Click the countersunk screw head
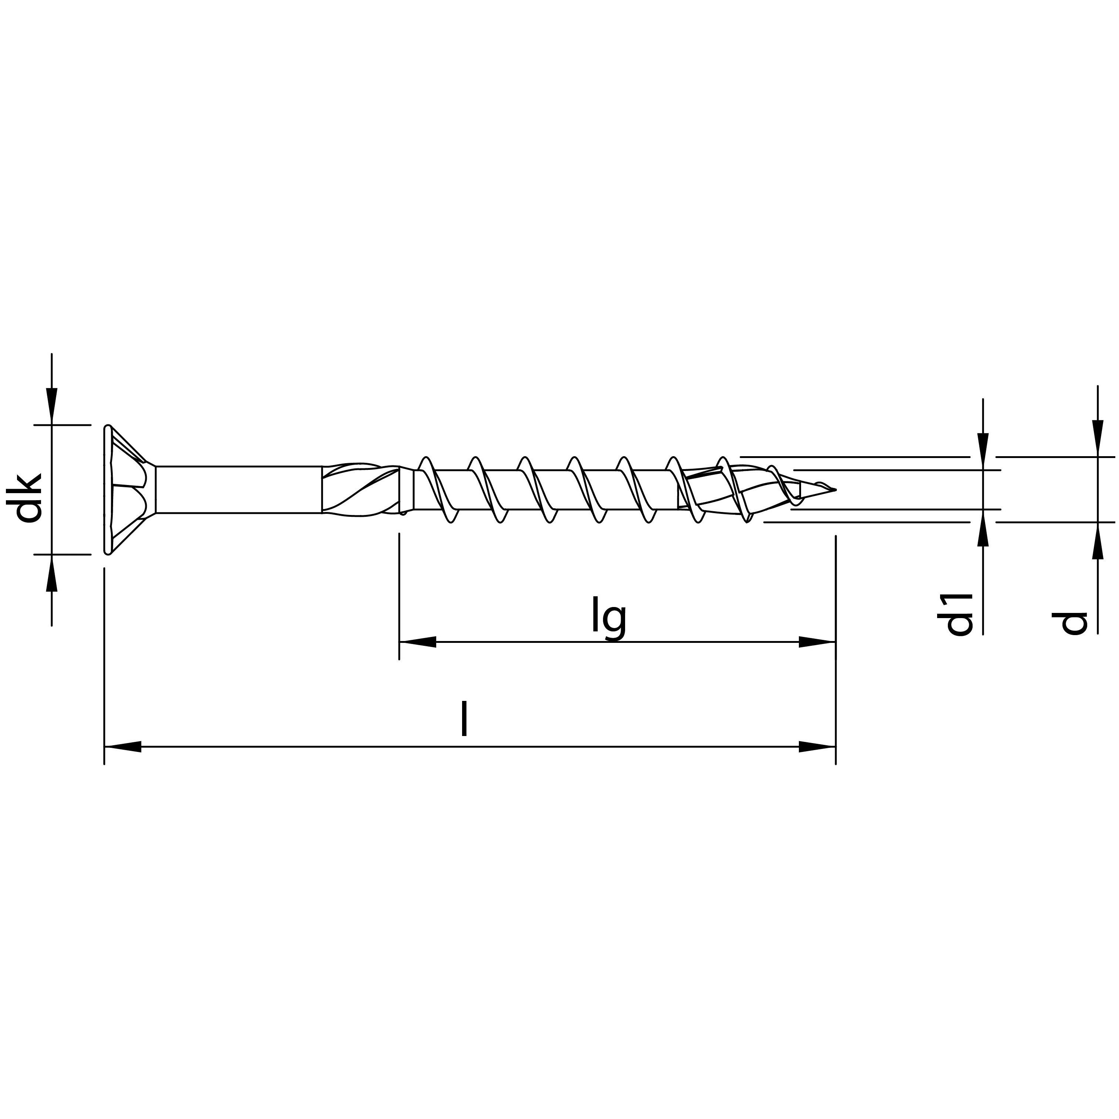coord(128,489)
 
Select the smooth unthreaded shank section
coord(237,489)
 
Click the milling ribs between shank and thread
coord(359,489)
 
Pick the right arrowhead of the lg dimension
coord(817,642)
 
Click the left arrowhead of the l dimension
coord(123,747)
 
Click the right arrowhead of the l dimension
coord(817,747)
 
